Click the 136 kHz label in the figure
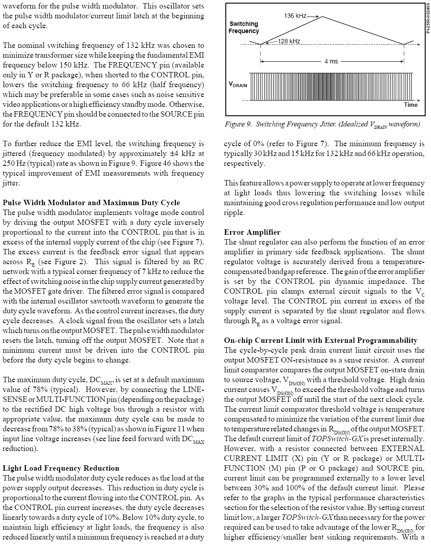pos(295,16)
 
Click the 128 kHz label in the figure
pos(289,41)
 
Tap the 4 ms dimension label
pos(331,61)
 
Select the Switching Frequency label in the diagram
pos(244,27)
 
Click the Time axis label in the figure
pos(410,105)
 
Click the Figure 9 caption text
pos(322,124)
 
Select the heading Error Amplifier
pos(252,232)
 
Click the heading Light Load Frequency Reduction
pos(61,468)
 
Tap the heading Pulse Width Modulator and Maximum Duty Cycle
pos(91,203)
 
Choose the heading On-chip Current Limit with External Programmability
pos(321,341)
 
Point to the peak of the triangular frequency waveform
pos(322,17)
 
